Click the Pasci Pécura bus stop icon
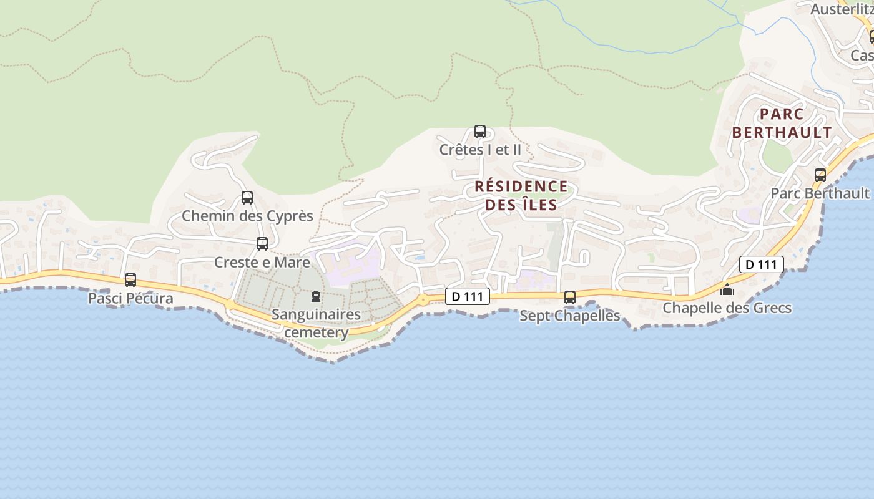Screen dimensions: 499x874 [130, 280]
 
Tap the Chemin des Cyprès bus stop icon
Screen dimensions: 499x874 [247, 198]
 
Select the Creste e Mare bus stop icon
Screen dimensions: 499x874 [262, 244]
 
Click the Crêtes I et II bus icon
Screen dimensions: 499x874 [480, 132]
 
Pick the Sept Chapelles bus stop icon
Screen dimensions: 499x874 [570, 298]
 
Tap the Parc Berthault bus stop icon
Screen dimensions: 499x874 [820, 175]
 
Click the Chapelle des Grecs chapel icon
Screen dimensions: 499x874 [727, 290]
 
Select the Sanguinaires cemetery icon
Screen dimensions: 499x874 [315, 296]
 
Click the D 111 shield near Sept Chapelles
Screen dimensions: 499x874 [468, 296]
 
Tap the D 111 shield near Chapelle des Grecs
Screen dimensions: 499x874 [761, 264]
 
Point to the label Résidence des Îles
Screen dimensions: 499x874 [521, 195]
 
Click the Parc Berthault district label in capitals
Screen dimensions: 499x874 [782, 124]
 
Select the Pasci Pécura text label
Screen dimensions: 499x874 [130, 298]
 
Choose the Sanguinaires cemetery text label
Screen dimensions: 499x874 [316, 323]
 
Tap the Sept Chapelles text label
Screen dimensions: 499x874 [570, 316]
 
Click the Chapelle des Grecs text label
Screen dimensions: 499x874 [727, 308]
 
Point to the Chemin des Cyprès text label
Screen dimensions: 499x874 [247, 216]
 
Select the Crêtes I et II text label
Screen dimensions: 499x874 [480, 150]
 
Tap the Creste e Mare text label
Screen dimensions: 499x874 [262, 262]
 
